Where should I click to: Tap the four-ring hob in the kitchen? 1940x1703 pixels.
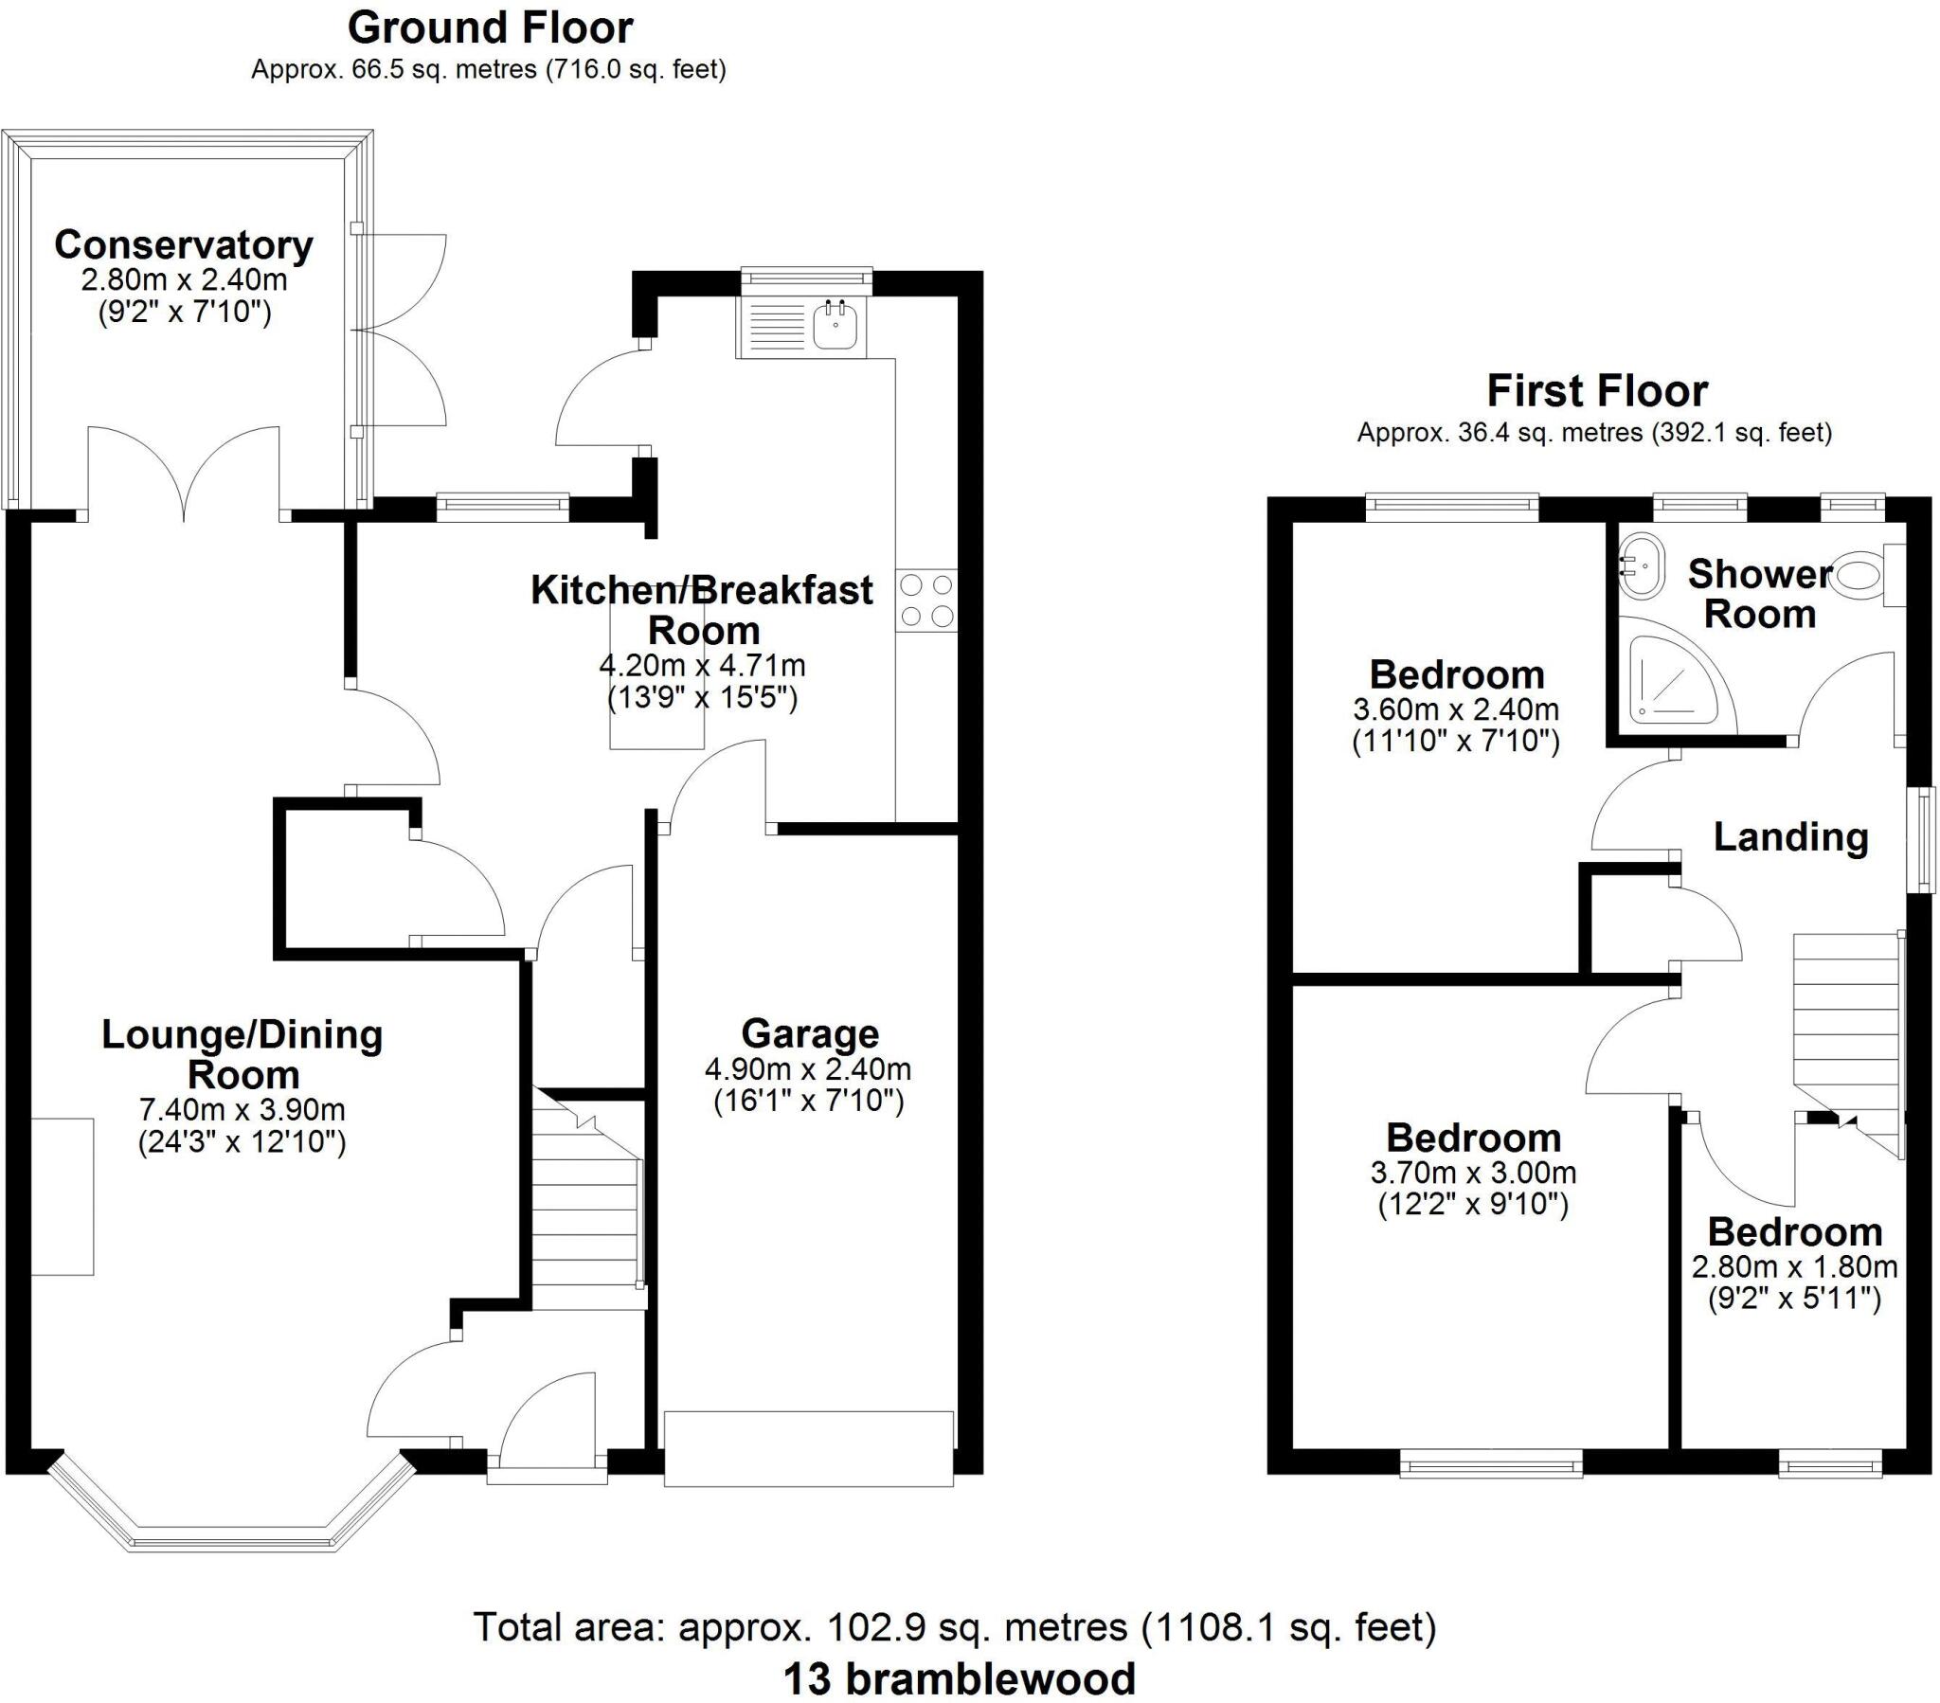point(926,601)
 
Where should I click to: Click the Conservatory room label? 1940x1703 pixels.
point(183,245)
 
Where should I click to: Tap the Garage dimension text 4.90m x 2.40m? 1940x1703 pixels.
point(808,1070)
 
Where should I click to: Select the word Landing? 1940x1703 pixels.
point(1790,837)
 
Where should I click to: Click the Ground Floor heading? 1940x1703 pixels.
point(490,27)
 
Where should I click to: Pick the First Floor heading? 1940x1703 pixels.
point(1596,391)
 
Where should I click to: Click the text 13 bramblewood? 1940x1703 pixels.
point(959,1678)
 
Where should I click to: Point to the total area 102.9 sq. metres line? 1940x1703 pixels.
point(954,1627)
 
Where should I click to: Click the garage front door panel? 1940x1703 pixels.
point(808,1448)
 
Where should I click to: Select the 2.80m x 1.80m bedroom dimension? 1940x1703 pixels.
point(1794,1267)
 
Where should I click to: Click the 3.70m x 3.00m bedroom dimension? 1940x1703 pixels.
point(1473,1173)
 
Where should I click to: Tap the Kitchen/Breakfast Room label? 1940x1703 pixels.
point(701,609)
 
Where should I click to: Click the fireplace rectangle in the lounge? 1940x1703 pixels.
point(63,1196)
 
